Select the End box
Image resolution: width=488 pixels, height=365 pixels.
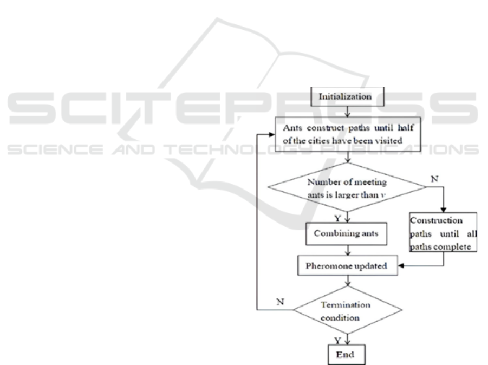pos(347,354)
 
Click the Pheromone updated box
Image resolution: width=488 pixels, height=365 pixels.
pos(347,265)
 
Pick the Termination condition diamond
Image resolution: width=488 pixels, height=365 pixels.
pos(347,309)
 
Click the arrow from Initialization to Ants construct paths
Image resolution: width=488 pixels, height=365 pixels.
pos(347,112)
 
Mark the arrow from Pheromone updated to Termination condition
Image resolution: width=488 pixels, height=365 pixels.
pos(347,281)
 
